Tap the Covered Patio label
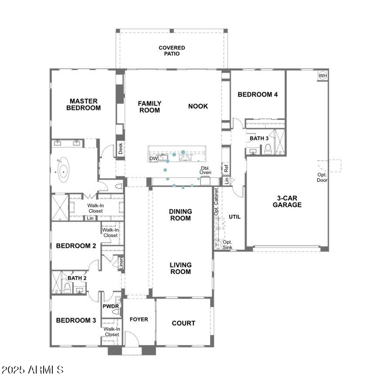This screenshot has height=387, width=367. pyautogui.click(x=172, y=51)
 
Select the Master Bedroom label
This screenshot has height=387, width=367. pyautogui.click(x=83, y=104)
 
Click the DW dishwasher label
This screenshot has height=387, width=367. pyautogui.click(x=153, y=158)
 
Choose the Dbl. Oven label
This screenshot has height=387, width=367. pyautogui.click(x=205, y=170)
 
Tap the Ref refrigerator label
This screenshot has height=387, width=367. pyautogui.click(x=226, y=168)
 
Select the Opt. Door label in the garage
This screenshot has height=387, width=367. pyautogui.click(x=322, y=177)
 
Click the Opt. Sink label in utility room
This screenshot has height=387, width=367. pyautogui.click(x=228, y=245)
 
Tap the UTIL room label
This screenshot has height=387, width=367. pyautogui.click(x=234, y=217)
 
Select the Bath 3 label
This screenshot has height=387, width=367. pyautogui.click(x=259, y=138)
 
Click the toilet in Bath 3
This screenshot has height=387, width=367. pyautogui.click(x=268, y=149)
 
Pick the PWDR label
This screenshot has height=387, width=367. pyautogui.click(x=111, y=306)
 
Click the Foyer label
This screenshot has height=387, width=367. pyautogui.click(x=139, y=319)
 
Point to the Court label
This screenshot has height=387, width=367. pyautogui.click(x=183, y=323)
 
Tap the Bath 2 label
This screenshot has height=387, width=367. pyautogui.click(x=77, y=278)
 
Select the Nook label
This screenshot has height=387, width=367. pyautogui.click(x=198, y=106)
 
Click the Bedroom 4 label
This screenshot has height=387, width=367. pyautogui.click(x=257, y=95)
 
